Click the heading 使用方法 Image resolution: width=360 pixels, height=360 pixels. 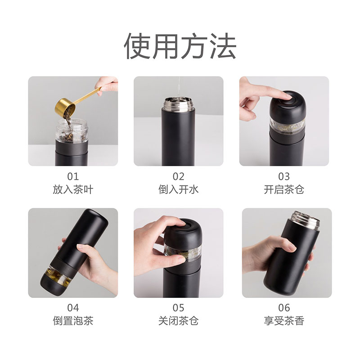pyautogui.click(x=180, y=46)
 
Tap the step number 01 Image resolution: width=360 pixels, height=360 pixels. pyautogui.click(x=73, y=176)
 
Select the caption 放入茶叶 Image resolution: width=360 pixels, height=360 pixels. pyautogui.click(x=73, y=189)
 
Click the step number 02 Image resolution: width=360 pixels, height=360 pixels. pyautogui.click(x=179, y=176)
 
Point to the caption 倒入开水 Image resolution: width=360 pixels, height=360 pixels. pyautogui.click(x=179, y=189)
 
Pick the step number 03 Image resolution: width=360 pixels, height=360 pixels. pyautogui.click(x=284, y=176)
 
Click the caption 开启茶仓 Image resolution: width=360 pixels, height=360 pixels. pyautogui.click(x=284, y=189)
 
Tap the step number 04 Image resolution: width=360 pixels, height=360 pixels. pyautogui.click(x=73, y=308)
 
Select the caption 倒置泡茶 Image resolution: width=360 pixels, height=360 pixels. pyautogui.click(x=73, y=321)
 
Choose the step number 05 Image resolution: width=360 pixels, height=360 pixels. pyautogui.click(x=179, y=308)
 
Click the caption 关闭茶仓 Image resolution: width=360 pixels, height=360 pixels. pyautogui.click(x=179, y=321)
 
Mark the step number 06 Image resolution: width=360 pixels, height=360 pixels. pyautogui.click(x=284, y=308)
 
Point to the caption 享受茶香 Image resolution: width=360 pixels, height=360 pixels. pyautogui.click(x=284, y=321)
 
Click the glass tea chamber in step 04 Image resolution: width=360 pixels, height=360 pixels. pyautogui.click(x=58, y=275)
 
